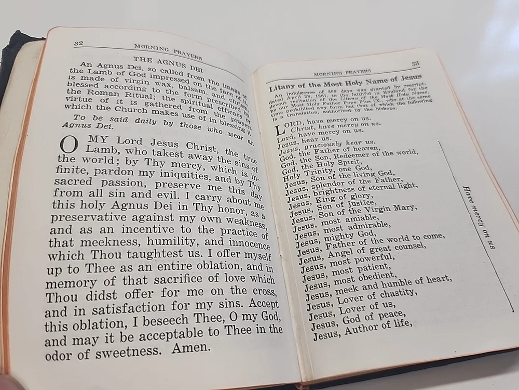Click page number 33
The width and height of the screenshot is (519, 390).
click(x=415, y=63)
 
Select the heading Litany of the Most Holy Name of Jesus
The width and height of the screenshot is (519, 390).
click(x=345, y=82)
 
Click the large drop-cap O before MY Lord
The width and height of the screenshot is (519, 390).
click(x=67, y=145)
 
